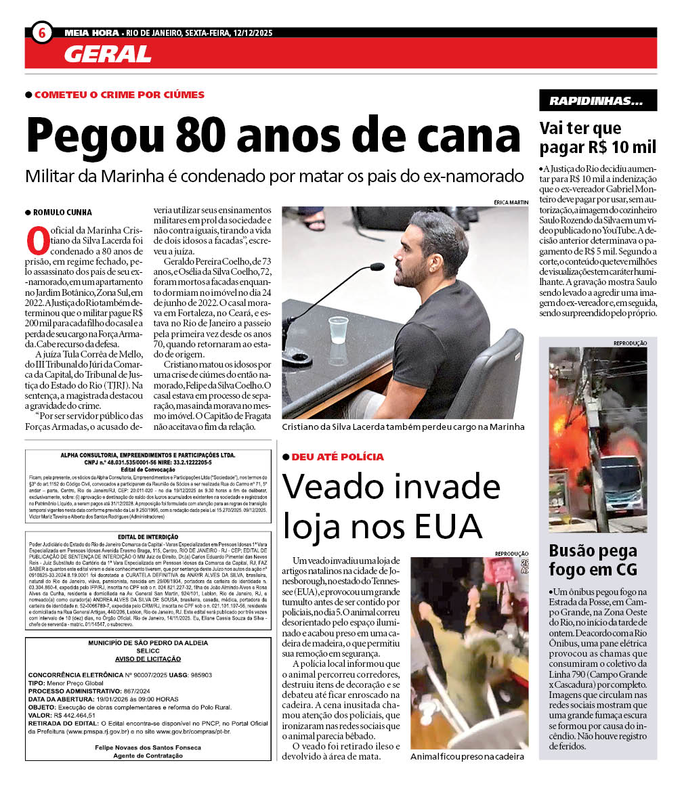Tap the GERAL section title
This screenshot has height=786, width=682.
[x=108, y=53]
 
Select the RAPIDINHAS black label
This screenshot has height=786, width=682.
[x=597, y=101]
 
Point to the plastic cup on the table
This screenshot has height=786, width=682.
[x=337, y=330]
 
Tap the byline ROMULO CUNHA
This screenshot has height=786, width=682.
[x=62, y=213]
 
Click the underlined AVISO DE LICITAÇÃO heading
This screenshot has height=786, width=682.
[x=148, y=659]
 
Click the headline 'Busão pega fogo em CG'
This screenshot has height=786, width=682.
[x=593, y=559]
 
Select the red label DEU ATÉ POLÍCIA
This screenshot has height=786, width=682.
[x=337, y=457]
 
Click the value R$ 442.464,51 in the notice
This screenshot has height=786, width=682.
[x=75, y=714]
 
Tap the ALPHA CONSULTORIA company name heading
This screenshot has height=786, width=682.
[x=148, y=455]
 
